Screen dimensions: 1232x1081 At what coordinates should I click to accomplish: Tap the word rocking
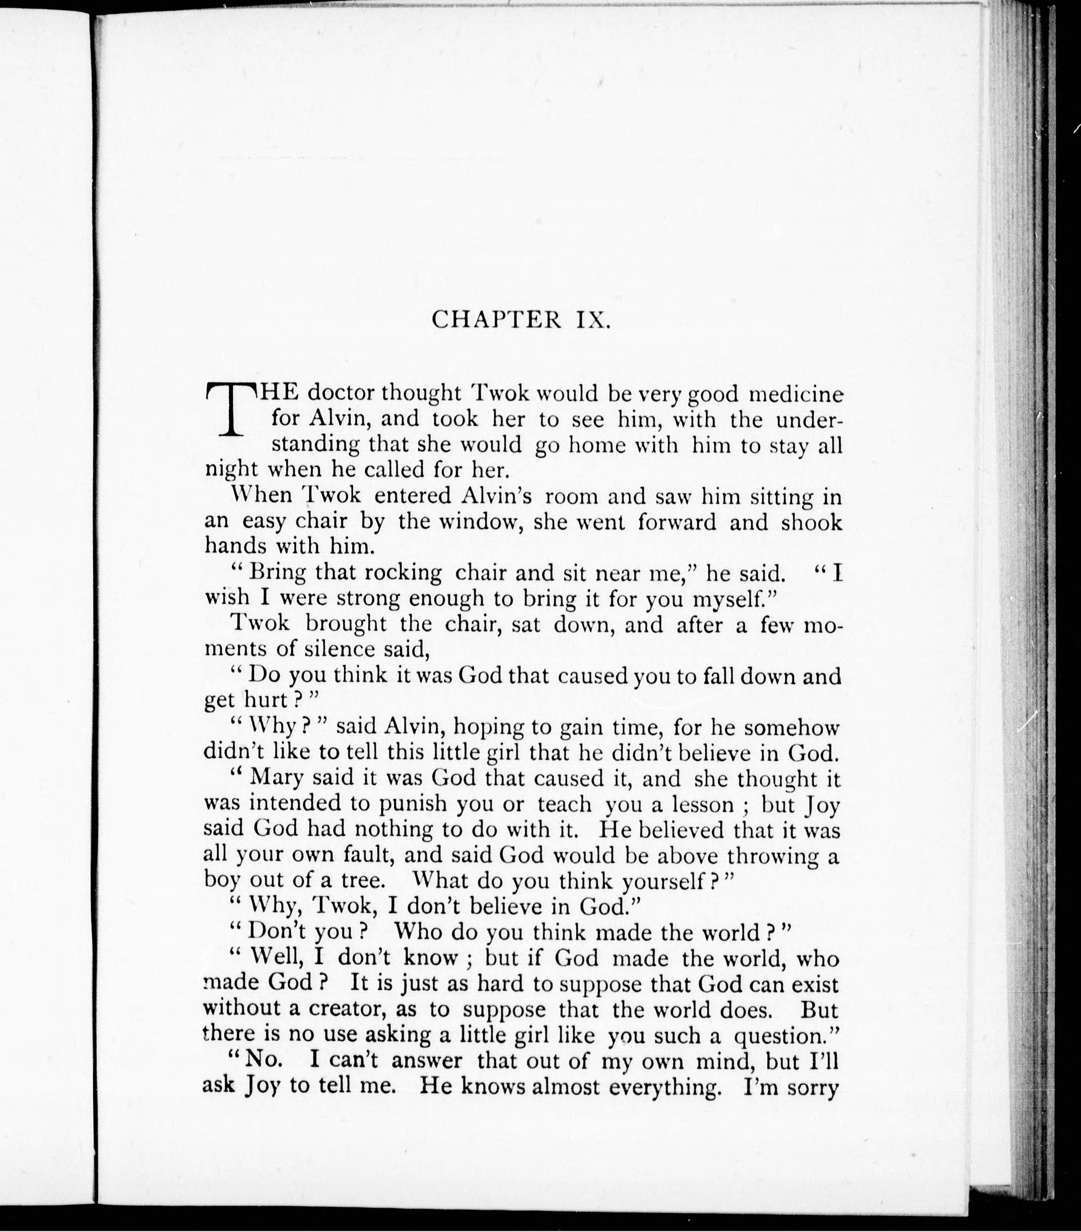pos(403,572)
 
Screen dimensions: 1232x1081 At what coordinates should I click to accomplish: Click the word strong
pos(368,598)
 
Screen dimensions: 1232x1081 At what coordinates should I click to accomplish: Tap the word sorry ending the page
pos(808,1087)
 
